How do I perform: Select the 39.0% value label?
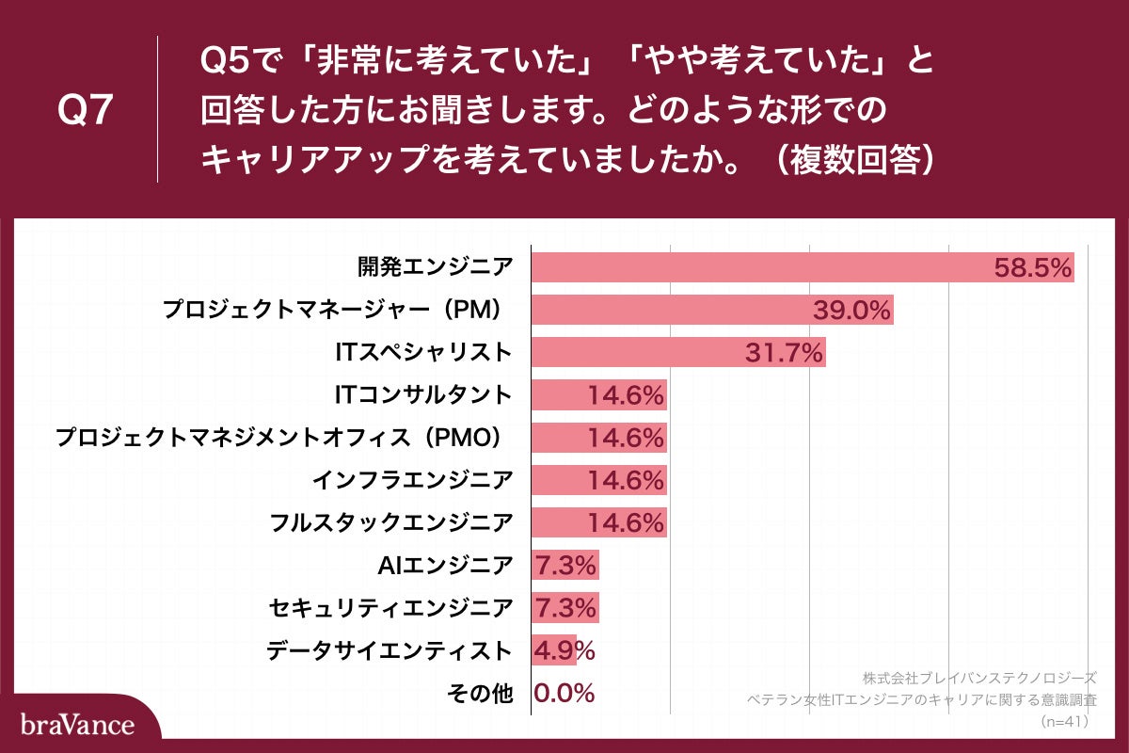[852, 311]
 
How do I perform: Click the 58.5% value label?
[1033, 268]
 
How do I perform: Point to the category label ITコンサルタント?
[423, 395]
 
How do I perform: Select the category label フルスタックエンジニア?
[390, 522]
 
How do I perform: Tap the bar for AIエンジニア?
[564, 566]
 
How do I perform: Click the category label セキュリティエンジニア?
[390, 608]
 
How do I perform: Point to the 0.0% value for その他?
[564, 694]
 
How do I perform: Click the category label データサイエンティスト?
[390, 650]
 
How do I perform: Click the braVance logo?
[77, 725]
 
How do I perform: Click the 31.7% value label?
[784, 353]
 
